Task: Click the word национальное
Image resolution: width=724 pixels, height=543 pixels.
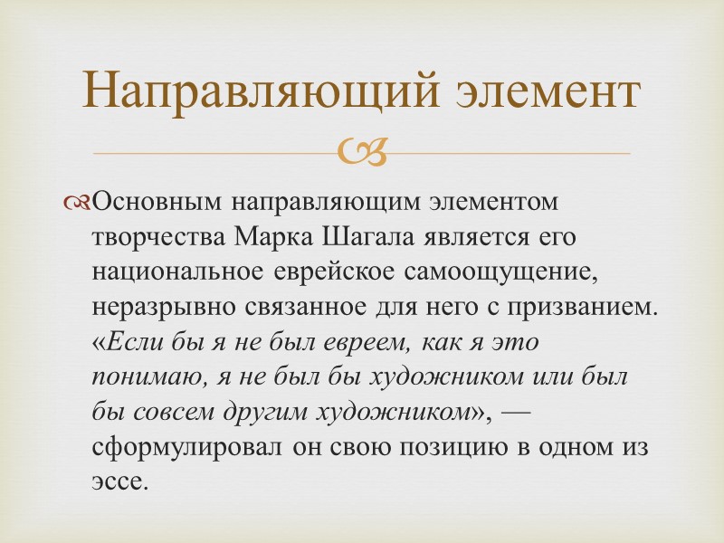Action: [x=177, y=271]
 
